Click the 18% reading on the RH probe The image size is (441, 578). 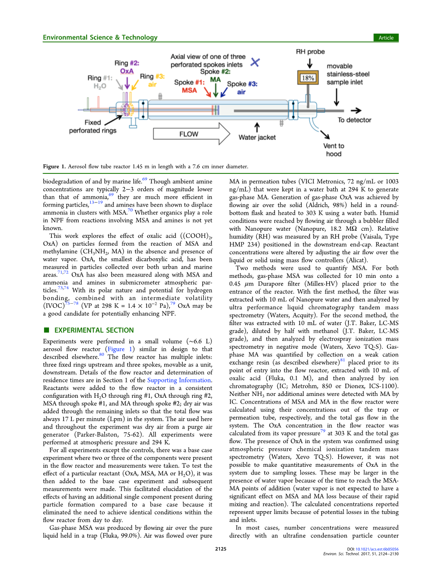pos(308,78)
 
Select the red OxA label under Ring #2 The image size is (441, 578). pos(127,71)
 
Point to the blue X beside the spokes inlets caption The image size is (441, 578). pos(255,62)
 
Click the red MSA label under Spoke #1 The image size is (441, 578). pos(189,90)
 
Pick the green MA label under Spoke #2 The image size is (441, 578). pos(215,79)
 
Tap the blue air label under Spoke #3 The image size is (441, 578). pos(241,92)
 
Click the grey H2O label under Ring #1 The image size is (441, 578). pos(99,86)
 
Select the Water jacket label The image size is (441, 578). pos(257,138)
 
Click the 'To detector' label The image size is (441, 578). pos(354,120)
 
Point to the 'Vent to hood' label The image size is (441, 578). pos(333,150)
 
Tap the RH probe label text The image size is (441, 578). pos(310,52)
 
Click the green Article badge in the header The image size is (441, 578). pos(386,38)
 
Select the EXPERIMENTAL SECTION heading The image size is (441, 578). pos(94,330)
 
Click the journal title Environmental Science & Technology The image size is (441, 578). pos(100,38)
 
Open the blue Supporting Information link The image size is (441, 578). pos(179,380)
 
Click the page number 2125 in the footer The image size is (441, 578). pos(220,549)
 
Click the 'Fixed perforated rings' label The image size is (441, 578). pos(93,127)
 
